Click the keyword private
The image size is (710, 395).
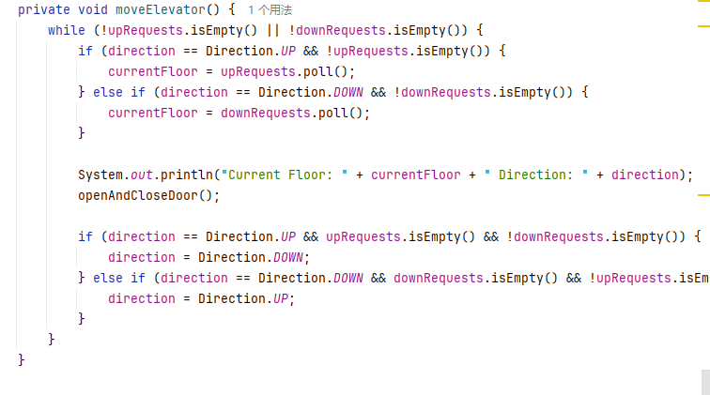(43, 9)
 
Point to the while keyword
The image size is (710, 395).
(66, 30)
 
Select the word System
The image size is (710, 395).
(100, 175)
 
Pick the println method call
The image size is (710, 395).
(186, 175)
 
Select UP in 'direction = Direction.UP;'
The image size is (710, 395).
(280, 298)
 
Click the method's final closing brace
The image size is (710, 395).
(22, 359)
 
